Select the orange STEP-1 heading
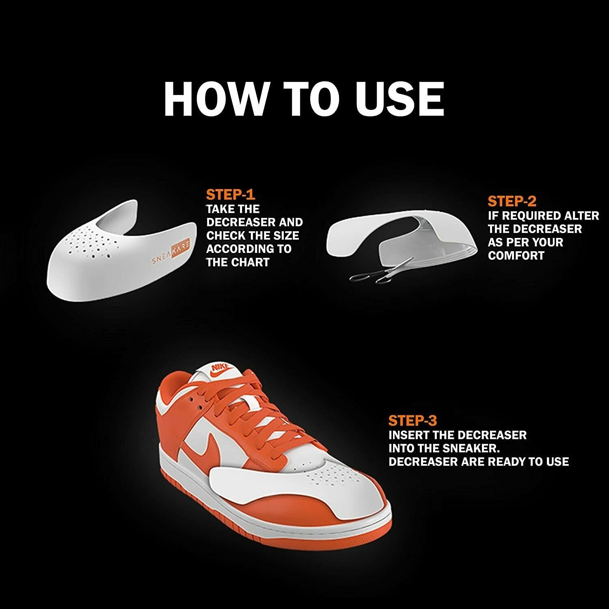tap(230, 195)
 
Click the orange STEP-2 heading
tap(512, 201)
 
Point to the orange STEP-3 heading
tap(412, 421)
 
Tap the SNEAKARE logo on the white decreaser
tap(171, 255)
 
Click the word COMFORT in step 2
tap(516, 256)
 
